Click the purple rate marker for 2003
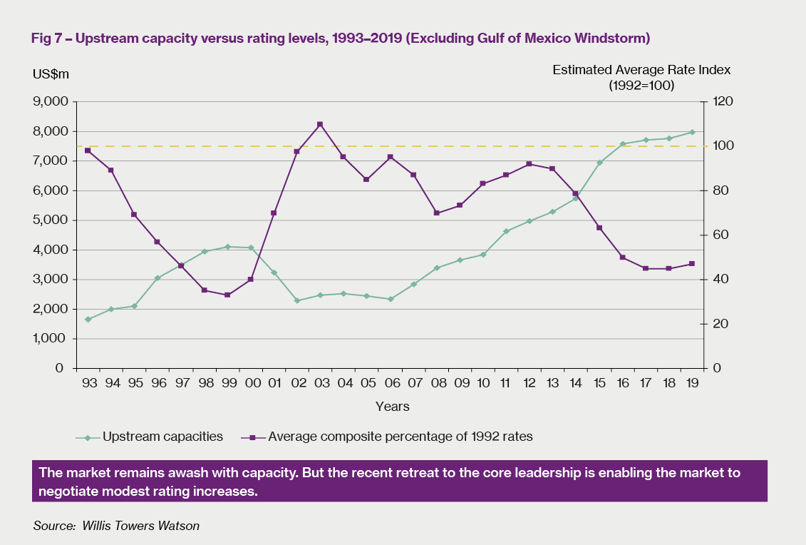(x=320, y=124)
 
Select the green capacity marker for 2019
(x=692, y=132)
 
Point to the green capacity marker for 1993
(x=88, y=319)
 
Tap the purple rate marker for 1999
(x=227, y=295)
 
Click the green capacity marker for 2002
(x=297, y=300)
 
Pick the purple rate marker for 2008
(x=436, y=213)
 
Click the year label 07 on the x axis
(x=413, y=383)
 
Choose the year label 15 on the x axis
(x=599, y=383)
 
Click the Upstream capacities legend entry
(x=162, y=437)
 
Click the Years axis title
(x=393, y=407)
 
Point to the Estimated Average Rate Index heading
(x=641, y=70)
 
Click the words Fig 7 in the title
(x=47, y=38)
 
